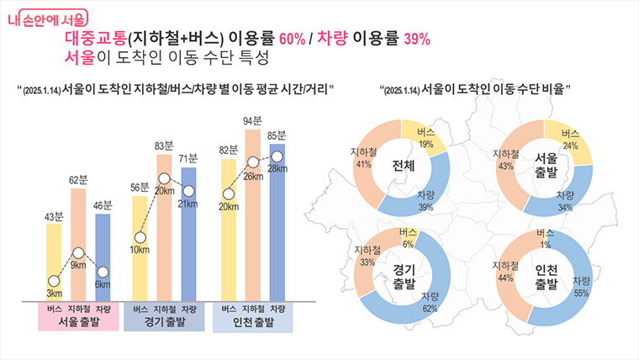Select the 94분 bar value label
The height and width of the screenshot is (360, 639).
pos(253,121)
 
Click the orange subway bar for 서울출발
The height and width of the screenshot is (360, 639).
pos(78,244)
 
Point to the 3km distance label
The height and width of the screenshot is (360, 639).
pos(53,293)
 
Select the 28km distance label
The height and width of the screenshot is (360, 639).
pos(277,169)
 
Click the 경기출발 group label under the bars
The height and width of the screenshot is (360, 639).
pos(164,322)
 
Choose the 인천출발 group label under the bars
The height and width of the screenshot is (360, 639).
pos(252,323)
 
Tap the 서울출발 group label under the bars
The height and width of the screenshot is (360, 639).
pos(77,322)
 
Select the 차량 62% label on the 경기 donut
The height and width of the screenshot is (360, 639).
pos(430,301)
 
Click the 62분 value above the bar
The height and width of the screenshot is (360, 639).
pos(78,180)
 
